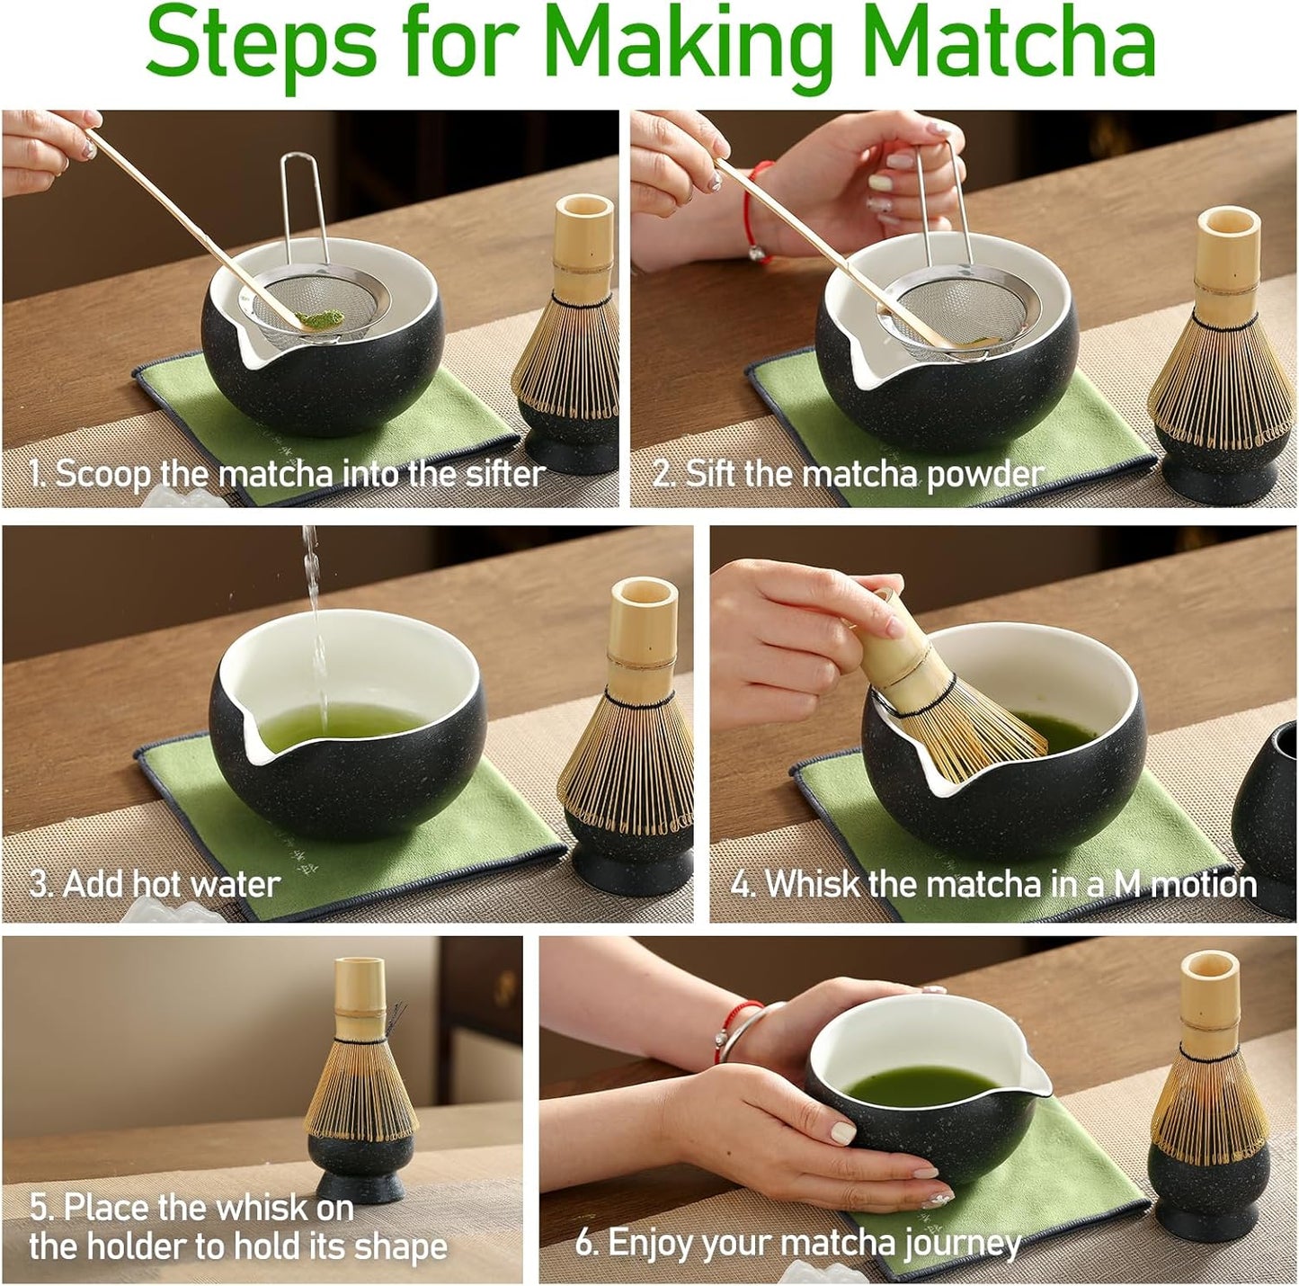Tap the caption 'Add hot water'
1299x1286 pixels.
click(x=155, y=883)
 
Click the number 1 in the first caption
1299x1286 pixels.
click(x=36, y=473)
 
